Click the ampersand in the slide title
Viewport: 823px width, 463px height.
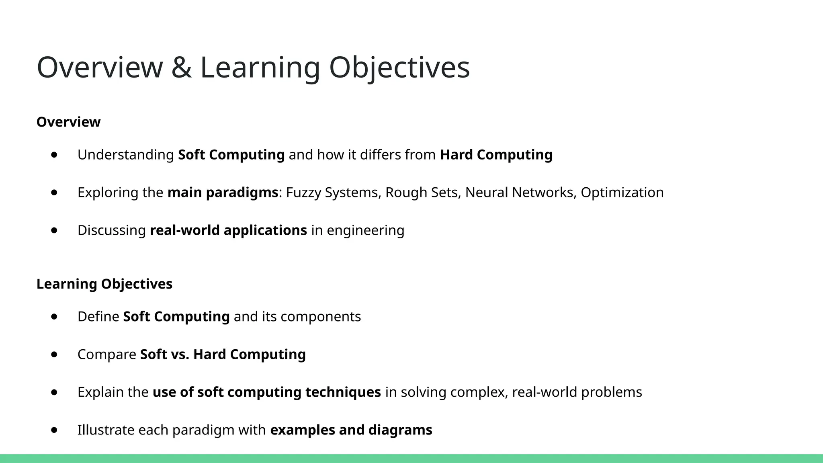coord(181,68)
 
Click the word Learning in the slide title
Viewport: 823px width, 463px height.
coord(260,68)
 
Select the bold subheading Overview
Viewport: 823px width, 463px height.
coord(68,122)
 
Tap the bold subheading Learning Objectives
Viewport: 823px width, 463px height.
coord(104,284)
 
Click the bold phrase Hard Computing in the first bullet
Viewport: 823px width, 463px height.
coord(496,155)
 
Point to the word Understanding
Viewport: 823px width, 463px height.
coord(125,155)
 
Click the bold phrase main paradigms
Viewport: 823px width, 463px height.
coord(223,193)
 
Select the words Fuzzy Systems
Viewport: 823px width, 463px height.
coord(332,193)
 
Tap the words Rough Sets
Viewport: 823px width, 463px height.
coord(422,193)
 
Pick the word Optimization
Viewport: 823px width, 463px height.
coord(622,193)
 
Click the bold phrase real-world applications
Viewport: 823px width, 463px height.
coord(228,230)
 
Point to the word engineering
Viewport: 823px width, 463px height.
coord(365,230)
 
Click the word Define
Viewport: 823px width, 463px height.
coord(98,317)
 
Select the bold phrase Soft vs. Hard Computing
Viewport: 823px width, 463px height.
coord(223,354)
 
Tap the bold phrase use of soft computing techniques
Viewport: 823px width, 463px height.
coord(266,392)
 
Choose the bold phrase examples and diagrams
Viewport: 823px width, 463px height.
coord(351,430)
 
